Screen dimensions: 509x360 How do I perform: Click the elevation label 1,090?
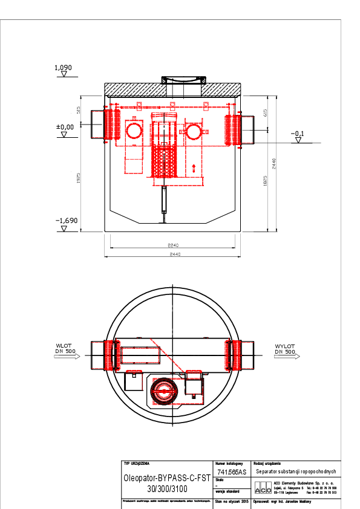tap(64, 68)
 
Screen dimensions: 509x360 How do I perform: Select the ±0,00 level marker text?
tap(65, 127)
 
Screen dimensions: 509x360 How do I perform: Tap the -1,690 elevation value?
tap(67, 221)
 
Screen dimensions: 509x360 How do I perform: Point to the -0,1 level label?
tap(297, 134)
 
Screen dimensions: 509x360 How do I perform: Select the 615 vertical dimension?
tap(266, 112)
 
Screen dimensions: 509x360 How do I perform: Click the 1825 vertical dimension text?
tap(266, 181)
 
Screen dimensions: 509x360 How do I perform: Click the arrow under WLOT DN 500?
tap(67, 357)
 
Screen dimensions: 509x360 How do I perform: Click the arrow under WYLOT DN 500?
tap(285, 357)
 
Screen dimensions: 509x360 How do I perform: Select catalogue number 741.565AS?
tap(231, 472)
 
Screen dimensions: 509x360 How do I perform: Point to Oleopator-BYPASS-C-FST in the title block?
tap(166, 477)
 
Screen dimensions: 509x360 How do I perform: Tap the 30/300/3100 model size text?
tap(166, 488)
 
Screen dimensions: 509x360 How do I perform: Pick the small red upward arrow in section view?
tap(194, 168)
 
